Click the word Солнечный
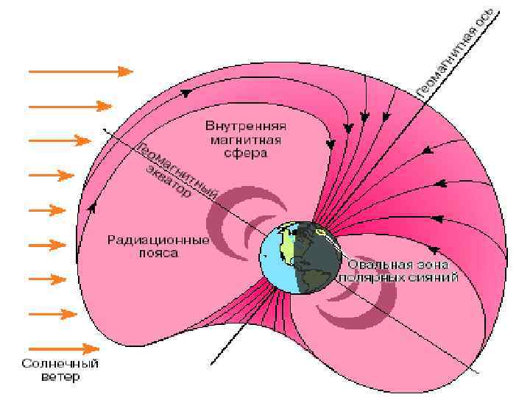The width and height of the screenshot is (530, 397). point(60,363)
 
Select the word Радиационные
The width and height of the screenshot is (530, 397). point(158,240)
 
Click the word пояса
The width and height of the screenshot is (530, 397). point(158,254)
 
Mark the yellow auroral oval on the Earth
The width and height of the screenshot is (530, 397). point(321,233)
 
